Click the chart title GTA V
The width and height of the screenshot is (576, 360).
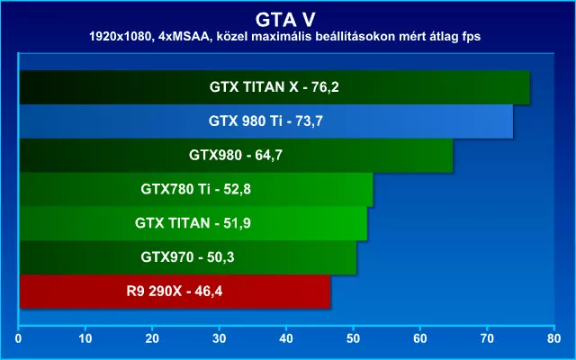[285, 20]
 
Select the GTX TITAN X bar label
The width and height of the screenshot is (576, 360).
[274, 87]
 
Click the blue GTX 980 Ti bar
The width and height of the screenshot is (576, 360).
[266, 121]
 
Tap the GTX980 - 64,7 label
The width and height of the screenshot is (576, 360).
[236, 155]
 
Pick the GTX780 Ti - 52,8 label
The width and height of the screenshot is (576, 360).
[196, 189]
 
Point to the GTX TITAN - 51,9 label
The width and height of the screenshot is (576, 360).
[193, 223]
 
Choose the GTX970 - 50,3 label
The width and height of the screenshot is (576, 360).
[187, 257]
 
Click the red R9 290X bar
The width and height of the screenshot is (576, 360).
[175, 292]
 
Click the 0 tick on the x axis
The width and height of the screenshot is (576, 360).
[18, 338]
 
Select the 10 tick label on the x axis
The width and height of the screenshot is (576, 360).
[85, 338]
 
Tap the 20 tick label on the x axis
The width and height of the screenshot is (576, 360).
[152, 338]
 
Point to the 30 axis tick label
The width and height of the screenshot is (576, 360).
[220, 338]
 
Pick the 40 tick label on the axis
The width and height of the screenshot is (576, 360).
[286, 338]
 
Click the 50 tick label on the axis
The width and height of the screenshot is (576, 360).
[353, 338]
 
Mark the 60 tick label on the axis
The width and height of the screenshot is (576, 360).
[420, 338]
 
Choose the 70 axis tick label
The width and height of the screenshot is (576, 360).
[487, 338]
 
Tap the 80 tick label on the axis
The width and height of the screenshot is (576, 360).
[554, 338]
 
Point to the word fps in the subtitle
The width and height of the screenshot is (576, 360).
[472, 38]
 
